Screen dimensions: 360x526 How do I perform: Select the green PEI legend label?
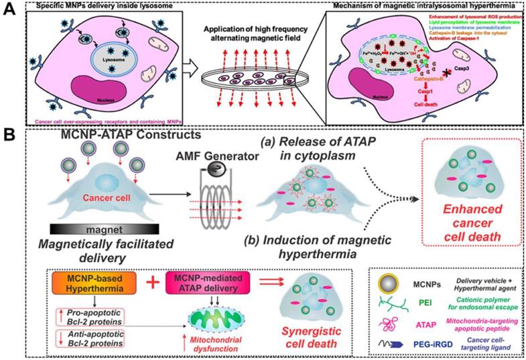(423, 302)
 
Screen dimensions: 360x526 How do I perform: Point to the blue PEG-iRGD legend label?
(425, 343)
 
